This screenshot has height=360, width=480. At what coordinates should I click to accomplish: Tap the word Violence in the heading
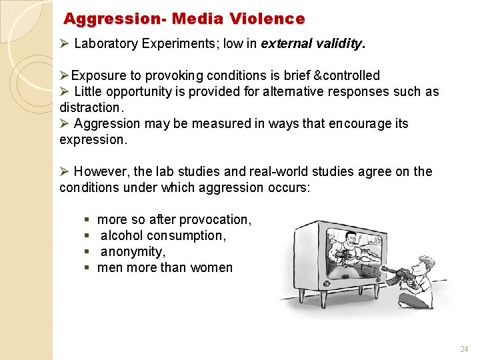[274, 19]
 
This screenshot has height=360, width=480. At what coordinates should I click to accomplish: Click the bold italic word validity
[337, 45]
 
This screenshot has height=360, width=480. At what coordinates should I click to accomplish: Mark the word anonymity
[133, 251]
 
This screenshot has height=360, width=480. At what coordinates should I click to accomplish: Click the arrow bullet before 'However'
[64, 171]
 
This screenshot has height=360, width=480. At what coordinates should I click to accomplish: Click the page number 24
[464, 349]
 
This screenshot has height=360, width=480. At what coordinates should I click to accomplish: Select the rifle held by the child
[393, 273]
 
